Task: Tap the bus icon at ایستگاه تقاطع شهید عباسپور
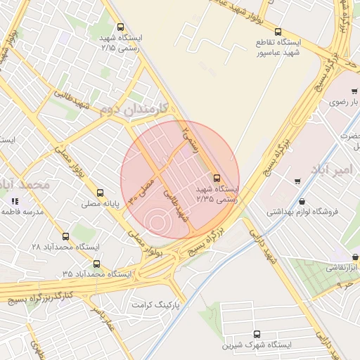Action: (278, 32)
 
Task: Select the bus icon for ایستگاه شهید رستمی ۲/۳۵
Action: (216, 178)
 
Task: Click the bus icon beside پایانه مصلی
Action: (100, 192)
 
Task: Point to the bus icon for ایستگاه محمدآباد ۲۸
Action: (66, 236)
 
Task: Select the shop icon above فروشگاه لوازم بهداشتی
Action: (297, 181)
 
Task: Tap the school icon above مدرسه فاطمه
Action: (15, 201)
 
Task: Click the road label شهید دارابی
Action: (265, 247)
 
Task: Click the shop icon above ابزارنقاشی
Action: (355, 257)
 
